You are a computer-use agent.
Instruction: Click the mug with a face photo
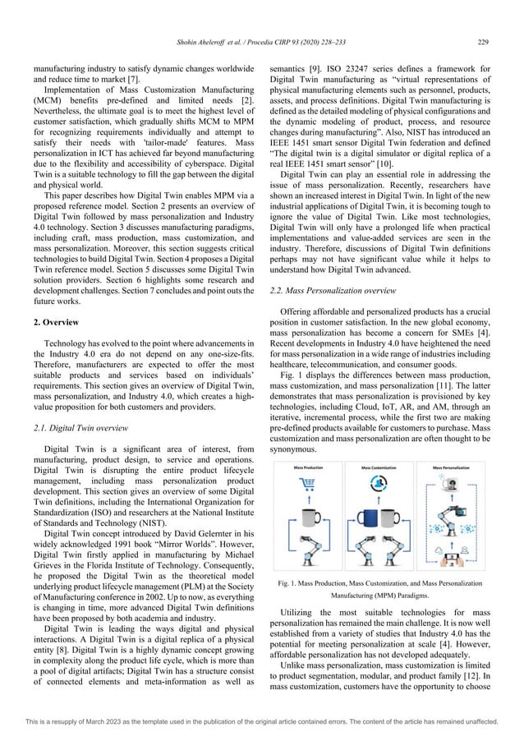450,486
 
